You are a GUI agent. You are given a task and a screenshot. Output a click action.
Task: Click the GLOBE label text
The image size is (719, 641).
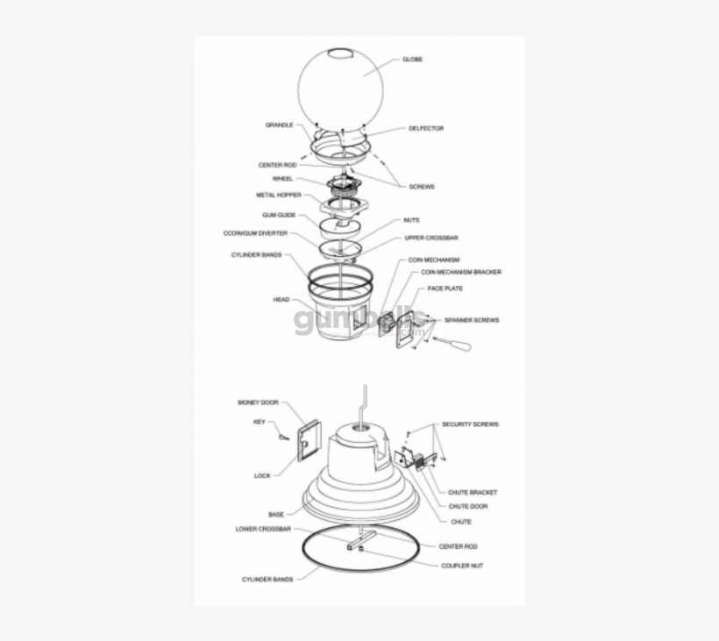412,60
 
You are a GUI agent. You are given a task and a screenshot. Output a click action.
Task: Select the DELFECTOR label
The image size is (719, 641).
426,129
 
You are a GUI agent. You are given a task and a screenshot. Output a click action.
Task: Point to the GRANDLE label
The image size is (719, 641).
279,125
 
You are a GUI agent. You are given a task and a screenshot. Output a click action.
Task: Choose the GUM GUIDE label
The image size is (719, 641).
279,215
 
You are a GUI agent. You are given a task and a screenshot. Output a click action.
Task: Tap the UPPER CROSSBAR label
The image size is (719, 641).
431,239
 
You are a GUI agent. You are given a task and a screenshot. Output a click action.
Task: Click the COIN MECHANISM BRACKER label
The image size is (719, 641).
461,273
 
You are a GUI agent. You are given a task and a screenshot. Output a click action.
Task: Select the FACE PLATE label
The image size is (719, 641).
445,288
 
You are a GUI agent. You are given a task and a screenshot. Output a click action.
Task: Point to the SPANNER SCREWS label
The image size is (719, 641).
472,321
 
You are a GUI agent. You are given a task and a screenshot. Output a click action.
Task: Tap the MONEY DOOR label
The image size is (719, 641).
258,402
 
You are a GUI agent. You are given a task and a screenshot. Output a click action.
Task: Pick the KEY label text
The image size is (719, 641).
259,422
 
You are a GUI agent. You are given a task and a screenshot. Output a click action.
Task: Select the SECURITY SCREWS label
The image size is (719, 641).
470,424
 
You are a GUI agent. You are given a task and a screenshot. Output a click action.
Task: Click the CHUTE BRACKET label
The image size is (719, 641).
473,493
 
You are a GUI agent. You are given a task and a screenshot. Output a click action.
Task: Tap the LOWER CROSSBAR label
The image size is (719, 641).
263,530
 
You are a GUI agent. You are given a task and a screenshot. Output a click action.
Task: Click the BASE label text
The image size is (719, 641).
276,514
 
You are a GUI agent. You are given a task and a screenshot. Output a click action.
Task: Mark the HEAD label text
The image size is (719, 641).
281,300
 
